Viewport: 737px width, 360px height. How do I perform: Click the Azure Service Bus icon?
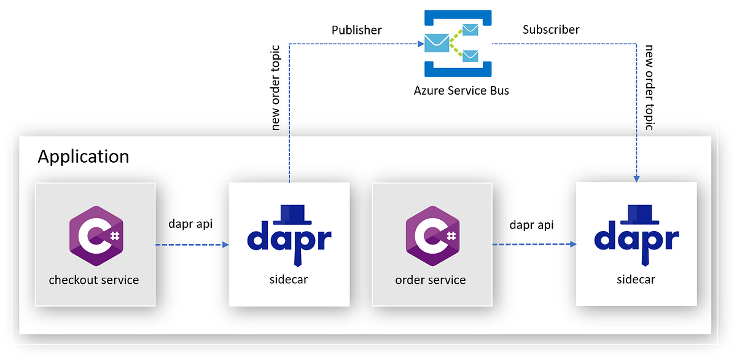click(x=458, y=43)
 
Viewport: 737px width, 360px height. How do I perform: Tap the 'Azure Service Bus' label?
click(x=461, y=91)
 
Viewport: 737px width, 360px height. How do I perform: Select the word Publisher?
click(x=357, y=30)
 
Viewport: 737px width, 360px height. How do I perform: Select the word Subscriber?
click(x=551, y=29)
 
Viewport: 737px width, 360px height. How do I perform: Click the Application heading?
click(x=83, y=157)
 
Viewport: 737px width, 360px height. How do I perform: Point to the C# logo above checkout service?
click(x=95, y=237)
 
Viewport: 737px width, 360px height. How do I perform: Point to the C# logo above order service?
click(x=431, y=237)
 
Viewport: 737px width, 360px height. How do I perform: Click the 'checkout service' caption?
click(x=94, y=280)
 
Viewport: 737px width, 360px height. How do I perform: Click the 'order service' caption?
click(x=431, y=280)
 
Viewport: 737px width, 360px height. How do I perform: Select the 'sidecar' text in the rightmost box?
click(x=636, y=280)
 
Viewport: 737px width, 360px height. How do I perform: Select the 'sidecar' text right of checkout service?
click(x=289, y=280)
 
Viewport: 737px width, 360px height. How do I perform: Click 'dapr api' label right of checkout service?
click(x=191, y=224)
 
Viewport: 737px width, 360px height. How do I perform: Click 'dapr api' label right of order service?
click(x=532, y=225)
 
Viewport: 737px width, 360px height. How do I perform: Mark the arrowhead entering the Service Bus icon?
click(x=419, y=44)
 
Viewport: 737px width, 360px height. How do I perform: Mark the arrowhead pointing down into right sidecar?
click(x=637, y=178)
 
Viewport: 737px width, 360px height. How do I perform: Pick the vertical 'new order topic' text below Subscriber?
click(x=649, y=87)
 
